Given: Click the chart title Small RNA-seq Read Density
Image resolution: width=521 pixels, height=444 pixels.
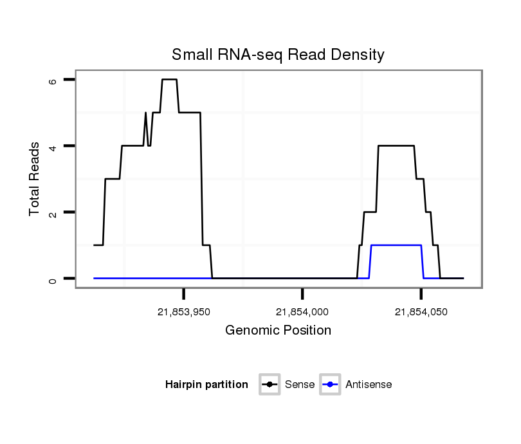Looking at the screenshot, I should tap(278, 55).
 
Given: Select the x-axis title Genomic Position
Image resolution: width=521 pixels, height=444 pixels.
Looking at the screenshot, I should tap(278, 331).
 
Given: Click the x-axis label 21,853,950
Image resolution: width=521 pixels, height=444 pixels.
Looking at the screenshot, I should tap(184, 312).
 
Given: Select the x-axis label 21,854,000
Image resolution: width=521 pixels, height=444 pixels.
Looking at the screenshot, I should tap(302, 312).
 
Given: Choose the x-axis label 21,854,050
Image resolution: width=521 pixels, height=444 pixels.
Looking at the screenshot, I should tap(421, 312).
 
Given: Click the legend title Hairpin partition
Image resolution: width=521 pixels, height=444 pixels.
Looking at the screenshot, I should tap(206, 385).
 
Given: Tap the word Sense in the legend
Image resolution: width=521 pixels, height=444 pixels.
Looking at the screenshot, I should tap(299, 385).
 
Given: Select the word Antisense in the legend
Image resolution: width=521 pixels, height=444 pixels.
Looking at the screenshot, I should tap(369, 385).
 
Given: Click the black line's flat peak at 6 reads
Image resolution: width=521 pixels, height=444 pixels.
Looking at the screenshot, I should tap(169, 79).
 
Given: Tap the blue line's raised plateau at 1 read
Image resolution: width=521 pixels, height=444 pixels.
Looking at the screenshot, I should tap(396, 245).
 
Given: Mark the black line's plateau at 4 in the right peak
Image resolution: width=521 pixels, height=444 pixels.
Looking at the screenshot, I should tap(396, 146).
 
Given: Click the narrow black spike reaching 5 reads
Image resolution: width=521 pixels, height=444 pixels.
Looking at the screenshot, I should tap(146, 114).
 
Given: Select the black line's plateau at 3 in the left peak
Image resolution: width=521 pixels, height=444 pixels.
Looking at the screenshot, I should tap(113, 179).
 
